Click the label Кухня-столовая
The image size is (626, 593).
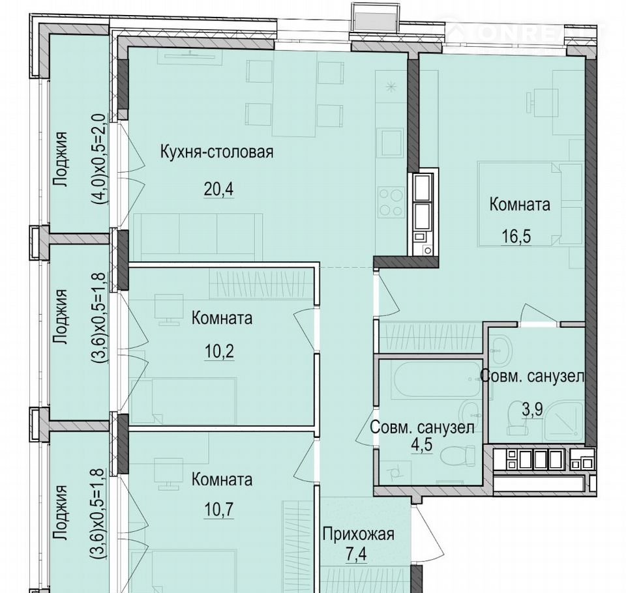tap(216, 152)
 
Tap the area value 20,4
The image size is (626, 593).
tap(218, 189)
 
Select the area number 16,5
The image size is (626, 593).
tap(516, 237)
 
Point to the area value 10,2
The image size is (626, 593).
tap(219, 352)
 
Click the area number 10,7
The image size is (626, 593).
tap(219, 510)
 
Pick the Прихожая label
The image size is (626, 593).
tap(359, 534)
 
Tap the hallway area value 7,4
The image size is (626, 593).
tap(355, 555)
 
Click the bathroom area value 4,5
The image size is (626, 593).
tap(422, 444)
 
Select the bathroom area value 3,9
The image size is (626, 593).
tap(533, 409)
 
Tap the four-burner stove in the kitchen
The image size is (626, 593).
tap(391, 203)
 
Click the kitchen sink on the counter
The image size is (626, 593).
tap(392, 143)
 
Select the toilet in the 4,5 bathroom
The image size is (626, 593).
tap(459, 455)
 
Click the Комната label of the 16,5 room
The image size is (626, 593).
tap(520, 205)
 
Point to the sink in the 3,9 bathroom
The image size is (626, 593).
tap(500, 351)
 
